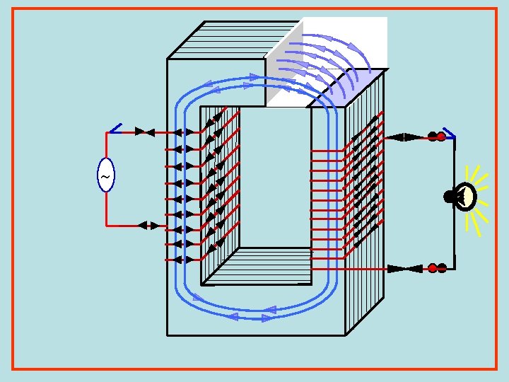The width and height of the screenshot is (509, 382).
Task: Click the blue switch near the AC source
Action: click(x=115, y=129)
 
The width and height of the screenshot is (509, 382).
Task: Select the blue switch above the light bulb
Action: click(x=448, y=132)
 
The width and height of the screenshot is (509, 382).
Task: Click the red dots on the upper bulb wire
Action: click(x=436, y=137)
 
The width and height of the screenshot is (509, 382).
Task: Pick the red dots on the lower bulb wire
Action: click(x=437, y=268)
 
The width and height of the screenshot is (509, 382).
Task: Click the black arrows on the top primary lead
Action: click(x=144, y=132)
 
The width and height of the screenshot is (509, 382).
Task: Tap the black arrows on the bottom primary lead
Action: click(x=149, y=226)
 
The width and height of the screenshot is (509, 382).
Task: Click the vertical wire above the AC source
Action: click(x=106, y=145)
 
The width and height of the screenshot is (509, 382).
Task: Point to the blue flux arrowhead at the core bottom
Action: click(x=268, y=310)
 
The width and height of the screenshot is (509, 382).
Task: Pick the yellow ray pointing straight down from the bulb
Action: click(x=472, y=225)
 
